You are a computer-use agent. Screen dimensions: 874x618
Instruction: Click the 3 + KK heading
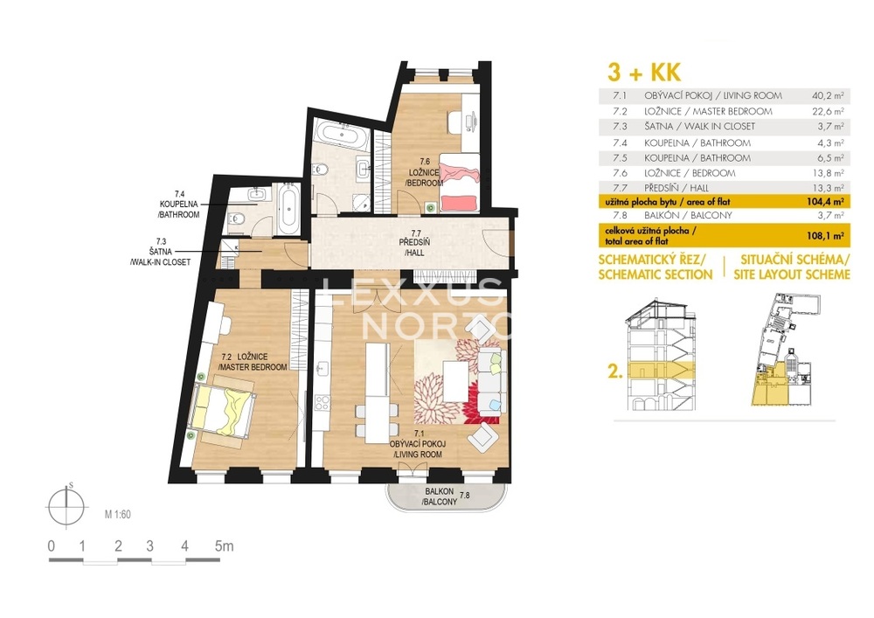coord(644,73)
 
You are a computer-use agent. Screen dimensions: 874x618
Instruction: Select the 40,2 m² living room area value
coord(828,96)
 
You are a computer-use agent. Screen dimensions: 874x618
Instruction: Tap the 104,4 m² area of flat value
coord(827,202)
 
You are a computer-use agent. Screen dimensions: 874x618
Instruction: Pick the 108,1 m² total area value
coord(826,236)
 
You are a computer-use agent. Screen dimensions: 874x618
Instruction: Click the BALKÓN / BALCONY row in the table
coord(724,215)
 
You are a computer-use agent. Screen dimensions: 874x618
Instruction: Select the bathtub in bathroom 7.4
coord(288,209)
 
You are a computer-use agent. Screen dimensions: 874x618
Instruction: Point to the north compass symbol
coord(66,506)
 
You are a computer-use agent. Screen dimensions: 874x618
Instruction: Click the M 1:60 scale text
coord(118,514)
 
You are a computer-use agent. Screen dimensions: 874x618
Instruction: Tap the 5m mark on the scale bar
coord(224,545)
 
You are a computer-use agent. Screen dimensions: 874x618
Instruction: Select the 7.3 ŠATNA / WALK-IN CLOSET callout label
coord(161,252)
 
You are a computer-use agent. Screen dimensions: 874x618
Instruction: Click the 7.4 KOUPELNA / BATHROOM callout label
coord(178,204)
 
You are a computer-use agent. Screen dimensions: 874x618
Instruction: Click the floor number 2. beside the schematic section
coord(614,371)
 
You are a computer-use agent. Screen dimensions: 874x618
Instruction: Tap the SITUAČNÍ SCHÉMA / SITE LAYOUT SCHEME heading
coord(792,267)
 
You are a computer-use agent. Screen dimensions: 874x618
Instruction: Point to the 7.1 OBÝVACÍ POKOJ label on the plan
coord(417,444)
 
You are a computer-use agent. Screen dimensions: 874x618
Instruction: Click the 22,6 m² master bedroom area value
coord(828,112)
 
